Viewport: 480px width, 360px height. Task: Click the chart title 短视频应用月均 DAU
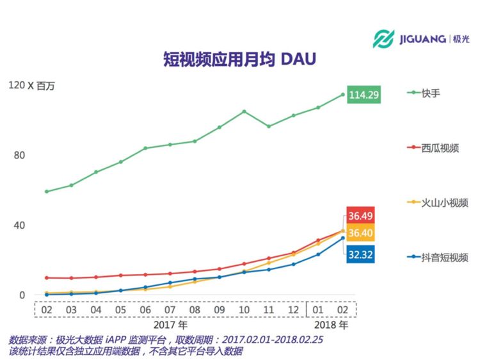pos(239,60)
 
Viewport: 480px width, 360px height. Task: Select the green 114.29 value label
pos(364,95)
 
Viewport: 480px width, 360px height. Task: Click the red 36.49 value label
pos(360,216)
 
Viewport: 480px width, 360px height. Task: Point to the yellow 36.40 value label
pos(360,233)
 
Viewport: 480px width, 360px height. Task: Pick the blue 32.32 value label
pos(360,254)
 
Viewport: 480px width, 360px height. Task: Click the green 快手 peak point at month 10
pos(244,111)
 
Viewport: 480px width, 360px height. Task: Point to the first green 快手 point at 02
pos(47,192)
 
